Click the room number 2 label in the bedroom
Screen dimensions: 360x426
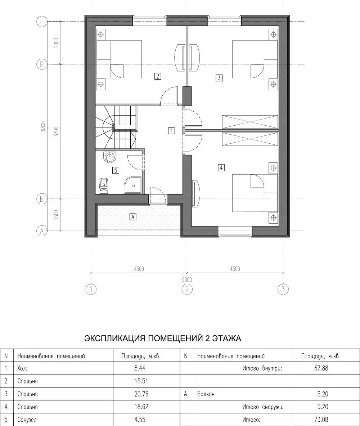tap(157, 76)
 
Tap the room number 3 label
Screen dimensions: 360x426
tap(219, 78)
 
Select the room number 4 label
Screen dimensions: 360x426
tap(221, 168)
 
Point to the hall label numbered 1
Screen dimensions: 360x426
tap(171, 131)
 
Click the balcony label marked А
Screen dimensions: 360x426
tap(132, 217)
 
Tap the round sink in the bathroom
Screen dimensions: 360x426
tap(110, 157)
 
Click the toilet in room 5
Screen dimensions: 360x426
tap(104, 186)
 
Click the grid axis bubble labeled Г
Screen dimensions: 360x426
tap(41, 22)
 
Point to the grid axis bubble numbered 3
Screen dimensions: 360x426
tap(283, 290)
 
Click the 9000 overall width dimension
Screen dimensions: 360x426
tap(187, 279)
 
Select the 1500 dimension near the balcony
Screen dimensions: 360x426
tap(56, 215)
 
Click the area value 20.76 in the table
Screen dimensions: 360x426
tap(141, 394)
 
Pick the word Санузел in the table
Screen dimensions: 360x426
tap(27, 420)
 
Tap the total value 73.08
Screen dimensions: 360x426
tap(321, 420)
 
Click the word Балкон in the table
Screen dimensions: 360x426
tap(206, 394)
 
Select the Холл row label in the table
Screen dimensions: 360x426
tap(23, 368)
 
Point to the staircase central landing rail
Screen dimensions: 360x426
tap(125, 127)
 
